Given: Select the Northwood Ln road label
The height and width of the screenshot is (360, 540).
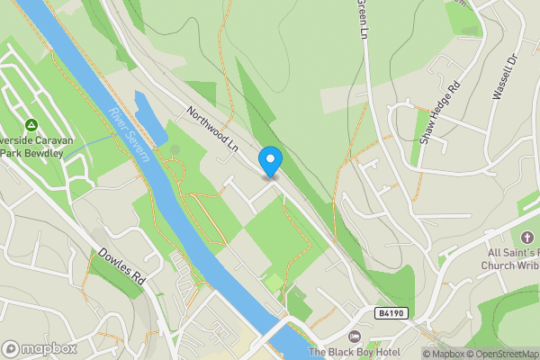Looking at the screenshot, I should coord(211,130).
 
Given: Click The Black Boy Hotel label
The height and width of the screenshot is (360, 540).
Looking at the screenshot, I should coord(355,352).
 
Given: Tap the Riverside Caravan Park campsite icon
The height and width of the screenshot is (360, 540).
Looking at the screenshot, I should coord(31,124).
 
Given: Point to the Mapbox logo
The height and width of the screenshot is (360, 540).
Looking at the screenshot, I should coord(40,348).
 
